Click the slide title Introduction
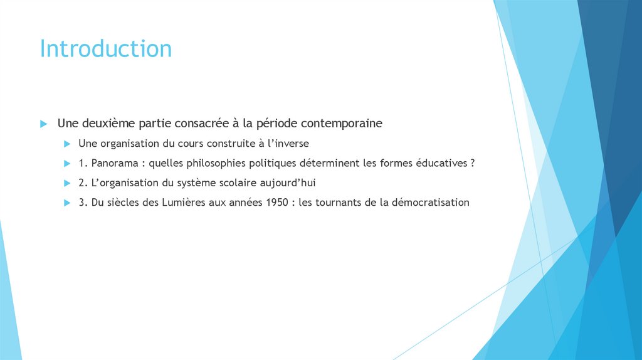[x=105, y=49]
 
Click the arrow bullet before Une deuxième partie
[x=43, y=124]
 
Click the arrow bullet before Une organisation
[x=67, y=144]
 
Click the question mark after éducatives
[x=471, y=163]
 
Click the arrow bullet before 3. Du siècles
[x=67, y=203]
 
